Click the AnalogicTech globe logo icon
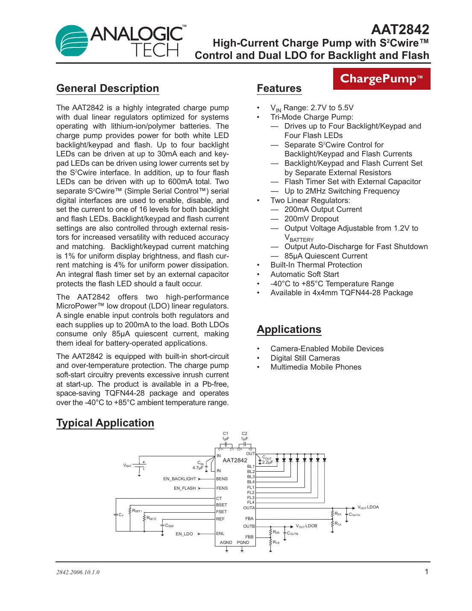[72, 41]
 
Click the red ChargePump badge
[381, 79]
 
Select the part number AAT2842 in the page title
[400, 29]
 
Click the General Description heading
[108, 88]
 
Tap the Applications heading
[289, 329]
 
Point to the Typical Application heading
[105, 423]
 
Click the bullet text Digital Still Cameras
[305, 358]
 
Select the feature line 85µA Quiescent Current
[325, 256]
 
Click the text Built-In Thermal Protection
[316, 265]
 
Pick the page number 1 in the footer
[426, 572]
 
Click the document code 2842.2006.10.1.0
[78, 572]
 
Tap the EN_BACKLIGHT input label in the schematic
[179, 479]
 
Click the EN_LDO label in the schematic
[184, 534]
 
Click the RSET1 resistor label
[137, 511]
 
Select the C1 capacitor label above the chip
[226, 434]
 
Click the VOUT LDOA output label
[368, 507]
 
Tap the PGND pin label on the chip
[243, 543]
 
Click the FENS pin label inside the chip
[222, 488]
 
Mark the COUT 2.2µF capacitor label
[267, 460]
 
